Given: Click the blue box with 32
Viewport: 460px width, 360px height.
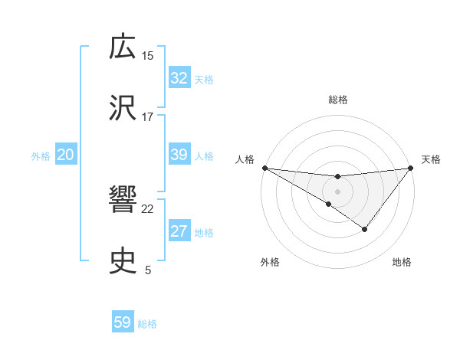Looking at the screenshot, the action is [179, 78].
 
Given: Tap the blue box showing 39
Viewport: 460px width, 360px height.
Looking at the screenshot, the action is [179, 155].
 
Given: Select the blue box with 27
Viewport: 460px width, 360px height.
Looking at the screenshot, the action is [179, 232].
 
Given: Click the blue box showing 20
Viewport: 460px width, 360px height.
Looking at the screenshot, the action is [65, 155].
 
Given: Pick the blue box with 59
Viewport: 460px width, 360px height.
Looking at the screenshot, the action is [123, 322].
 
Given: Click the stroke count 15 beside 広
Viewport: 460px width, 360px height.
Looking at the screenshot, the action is [148, 55].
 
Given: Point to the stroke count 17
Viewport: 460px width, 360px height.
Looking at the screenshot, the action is [148, 116].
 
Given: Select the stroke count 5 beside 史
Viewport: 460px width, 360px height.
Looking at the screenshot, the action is [148, 270].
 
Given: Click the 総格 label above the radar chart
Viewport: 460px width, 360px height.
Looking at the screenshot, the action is [337, 100].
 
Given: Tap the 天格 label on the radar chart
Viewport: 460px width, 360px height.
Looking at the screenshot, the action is [432, 159].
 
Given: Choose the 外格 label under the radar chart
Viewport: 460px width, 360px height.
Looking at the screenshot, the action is [270, 262].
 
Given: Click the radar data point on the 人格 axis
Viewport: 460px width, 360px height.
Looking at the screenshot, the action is [264, 168].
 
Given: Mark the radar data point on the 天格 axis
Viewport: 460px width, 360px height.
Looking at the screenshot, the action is [412, 167].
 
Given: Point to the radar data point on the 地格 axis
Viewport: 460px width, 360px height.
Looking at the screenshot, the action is [365, 229].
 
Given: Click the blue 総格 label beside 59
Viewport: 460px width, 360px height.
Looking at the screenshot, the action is [147, 323].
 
